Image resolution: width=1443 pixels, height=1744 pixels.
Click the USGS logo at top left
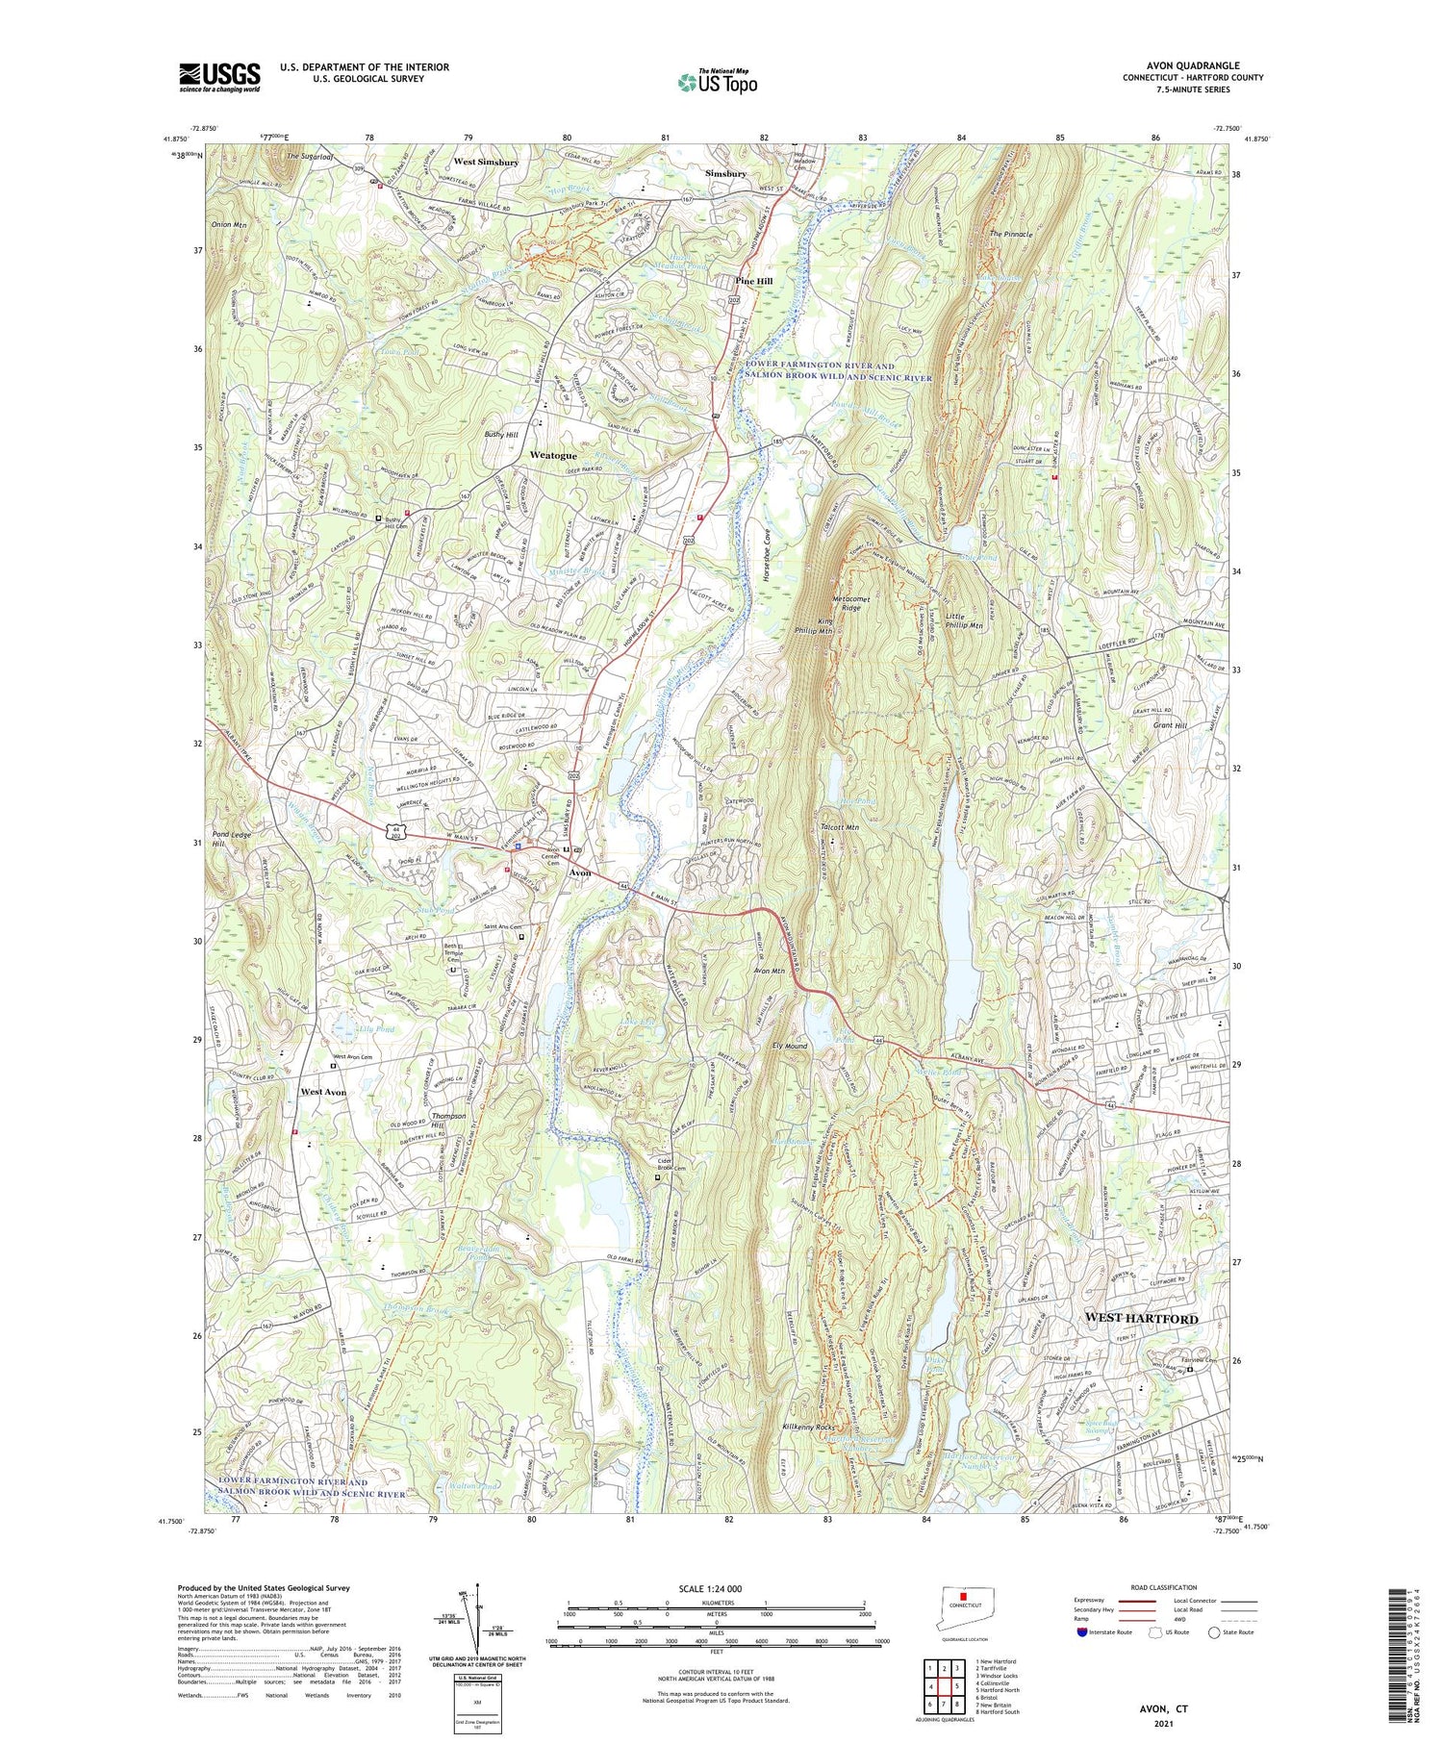pyautogui.click(x=219, y=76)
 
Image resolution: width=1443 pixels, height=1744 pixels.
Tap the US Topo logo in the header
pyautogui.click(x=717, y=83)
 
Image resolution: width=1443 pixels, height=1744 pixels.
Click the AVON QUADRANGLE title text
pyautogui.click(x=1200, y=65)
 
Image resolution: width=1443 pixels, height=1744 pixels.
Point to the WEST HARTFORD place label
pyautogui.click(x=1141, y=1317)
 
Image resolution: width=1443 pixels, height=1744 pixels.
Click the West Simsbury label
pyautogui.click(x=486, y=163)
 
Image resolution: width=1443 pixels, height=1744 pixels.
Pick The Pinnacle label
pyautogui.click(x=1011, y=234)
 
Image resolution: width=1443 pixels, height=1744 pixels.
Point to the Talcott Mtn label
pyautogui.click(x=840, y=826)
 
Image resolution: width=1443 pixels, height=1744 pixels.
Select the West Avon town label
pyautogui.click(x=322, y=1092)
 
